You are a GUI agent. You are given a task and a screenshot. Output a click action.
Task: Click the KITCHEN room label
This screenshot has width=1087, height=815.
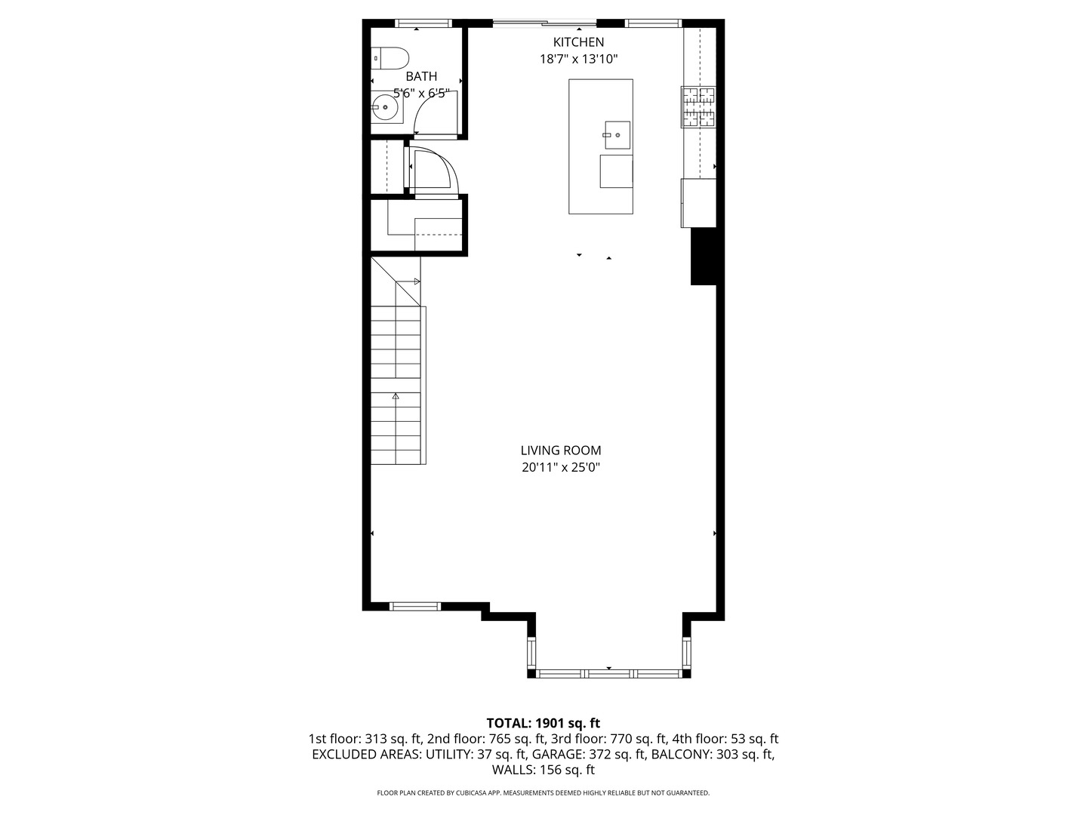point(578,42)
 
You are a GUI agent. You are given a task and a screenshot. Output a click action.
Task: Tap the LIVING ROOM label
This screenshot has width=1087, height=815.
point(560,451)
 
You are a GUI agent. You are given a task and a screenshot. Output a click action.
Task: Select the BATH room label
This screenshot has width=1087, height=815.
point(421,76)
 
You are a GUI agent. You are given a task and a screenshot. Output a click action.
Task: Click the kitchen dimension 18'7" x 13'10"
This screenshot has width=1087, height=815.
point(578,60)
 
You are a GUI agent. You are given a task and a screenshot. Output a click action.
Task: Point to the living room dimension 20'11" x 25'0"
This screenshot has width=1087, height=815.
point(560,468)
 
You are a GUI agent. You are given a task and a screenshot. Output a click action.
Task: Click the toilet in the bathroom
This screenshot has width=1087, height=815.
point(390,58)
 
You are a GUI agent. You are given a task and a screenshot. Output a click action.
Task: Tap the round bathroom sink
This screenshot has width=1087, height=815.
point(386,107)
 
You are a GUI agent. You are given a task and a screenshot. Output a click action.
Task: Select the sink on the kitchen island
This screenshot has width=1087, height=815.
point(617,135)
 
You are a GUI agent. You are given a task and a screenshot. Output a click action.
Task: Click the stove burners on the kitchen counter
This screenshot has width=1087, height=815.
point(698,106)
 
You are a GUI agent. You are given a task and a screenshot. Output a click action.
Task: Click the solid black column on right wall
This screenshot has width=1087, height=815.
point(704,257)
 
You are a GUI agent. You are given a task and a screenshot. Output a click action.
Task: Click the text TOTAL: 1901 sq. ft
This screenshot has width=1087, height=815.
point(543,724)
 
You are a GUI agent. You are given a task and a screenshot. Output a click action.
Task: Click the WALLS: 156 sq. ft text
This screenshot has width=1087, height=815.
point(543,770)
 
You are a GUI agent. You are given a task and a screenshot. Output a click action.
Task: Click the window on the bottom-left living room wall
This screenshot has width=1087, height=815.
point(415,606)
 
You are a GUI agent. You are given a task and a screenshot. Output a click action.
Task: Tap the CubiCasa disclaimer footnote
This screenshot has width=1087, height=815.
point(543,793)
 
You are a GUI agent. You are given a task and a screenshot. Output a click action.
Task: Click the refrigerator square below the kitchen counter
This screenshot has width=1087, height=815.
point(698,202)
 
